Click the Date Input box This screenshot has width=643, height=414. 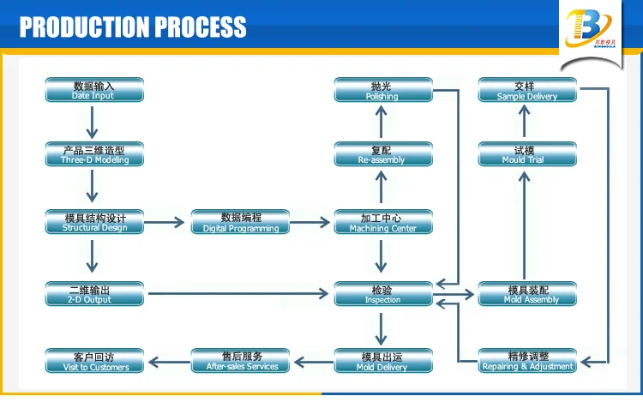94,90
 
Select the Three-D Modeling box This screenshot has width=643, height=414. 94,154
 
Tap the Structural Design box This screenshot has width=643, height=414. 94,222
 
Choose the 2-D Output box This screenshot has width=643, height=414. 94,294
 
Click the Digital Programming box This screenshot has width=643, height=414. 240,222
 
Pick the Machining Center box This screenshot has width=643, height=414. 382,222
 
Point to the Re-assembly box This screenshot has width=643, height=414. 382,154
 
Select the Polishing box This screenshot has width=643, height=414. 382,90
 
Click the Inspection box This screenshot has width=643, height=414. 382,294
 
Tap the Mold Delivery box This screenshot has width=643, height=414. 382,361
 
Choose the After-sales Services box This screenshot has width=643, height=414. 240,361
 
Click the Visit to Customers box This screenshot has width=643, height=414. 94,361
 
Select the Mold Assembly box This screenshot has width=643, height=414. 527,294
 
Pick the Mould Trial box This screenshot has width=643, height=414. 527,154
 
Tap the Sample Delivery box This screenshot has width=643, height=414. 527,90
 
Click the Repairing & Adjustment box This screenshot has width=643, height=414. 527,361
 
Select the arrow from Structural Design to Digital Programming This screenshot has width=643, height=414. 166,223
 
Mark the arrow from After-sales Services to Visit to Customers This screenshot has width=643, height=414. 167,361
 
